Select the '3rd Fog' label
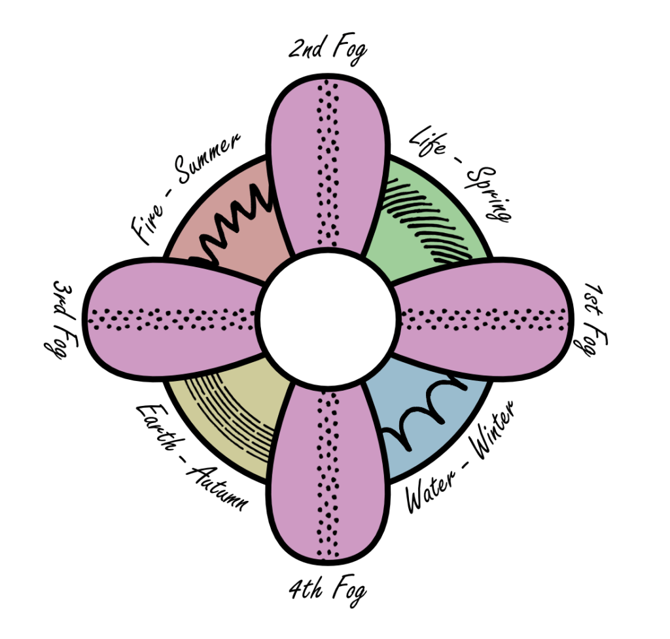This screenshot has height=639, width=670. (64, 319)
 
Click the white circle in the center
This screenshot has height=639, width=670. (328, 317)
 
